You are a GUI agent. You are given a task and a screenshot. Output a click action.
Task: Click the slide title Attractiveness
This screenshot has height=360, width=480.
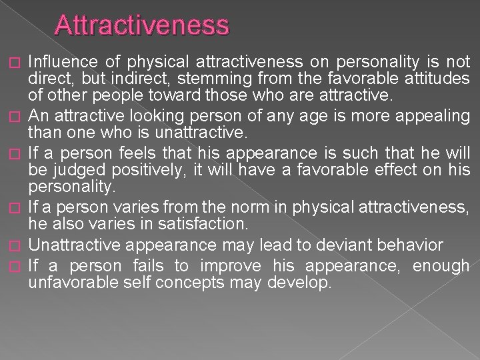tap(143, 25)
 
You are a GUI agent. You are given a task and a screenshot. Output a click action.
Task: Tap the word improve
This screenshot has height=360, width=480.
tap(234, 266)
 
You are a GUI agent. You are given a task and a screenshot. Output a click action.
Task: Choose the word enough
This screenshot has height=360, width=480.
tap(441, 266)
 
